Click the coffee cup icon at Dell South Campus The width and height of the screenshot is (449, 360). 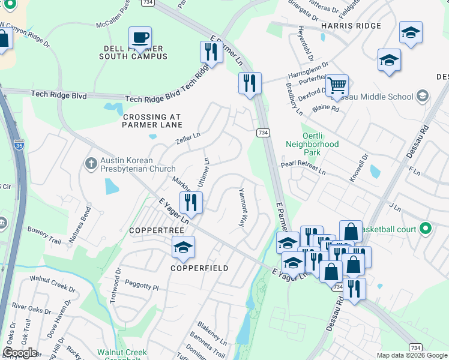coord(140,38)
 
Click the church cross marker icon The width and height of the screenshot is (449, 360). coord(91,163)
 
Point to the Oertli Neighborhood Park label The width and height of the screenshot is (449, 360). coord(312,144)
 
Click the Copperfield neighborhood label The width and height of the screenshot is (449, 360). coord(199,268)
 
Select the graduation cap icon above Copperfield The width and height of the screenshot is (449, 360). coord(183,247)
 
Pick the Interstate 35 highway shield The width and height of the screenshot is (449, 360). coord(19,145)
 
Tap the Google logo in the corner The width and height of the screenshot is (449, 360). coord(20,353)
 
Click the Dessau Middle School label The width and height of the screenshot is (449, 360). coord(384,97)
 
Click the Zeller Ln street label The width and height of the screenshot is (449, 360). coord(187,140)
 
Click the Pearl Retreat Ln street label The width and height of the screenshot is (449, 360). coord(303,172)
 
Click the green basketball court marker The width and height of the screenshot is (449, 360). coord(426,228)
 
